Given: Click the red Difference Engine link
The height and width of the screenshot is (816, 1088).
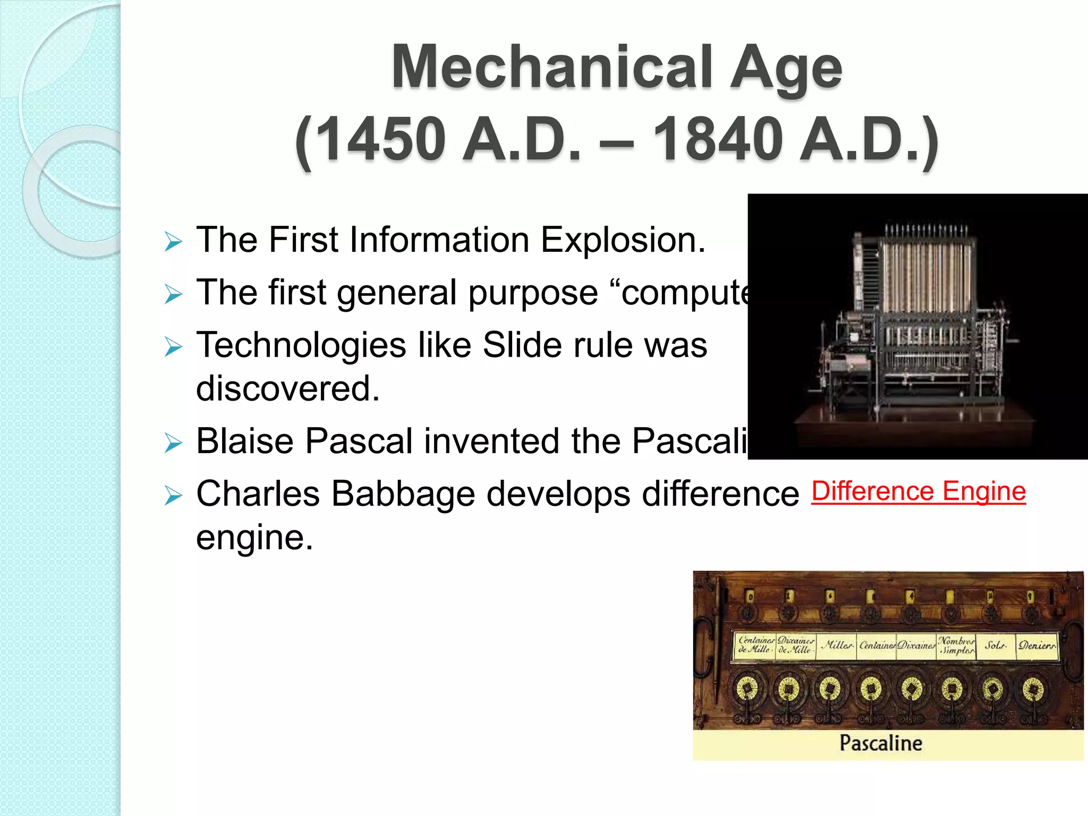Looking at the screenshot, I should (919, 491).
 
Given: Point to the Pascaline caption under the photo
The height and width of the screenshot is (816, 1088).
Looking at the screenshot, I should (881, 743).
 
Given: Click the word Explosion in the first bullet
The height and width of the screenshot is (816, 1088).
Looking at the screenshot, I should (623, 240).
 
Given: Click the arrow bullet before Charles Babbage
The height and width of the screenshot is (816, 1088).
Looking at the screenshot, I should (173, 496).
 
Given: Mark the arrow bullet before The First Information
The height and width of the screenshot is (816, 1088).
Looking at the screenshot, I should (173, 241).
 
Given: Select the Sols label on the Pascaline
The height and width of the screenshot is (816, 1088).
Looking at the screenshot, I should (995, 646).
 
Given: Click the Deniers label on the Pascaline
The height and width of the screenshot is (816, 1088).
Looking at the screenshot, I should (1036, 646).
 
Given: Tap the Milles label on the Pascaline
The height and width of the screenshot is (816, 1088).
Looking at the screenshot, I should (837, 646).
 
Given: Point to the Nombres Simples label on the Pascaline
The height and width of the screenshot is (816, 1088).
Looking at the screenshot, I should (956, 645).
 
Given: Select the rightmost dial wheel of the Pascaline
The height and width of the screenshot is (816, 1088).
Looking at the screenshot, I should (1033, 689).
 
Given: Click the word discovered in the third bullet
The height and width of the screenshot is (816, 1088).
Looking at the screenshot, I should (288, 388).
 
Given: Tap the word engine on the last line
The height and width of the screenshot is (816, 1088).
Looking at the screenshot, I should (254, 538).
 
